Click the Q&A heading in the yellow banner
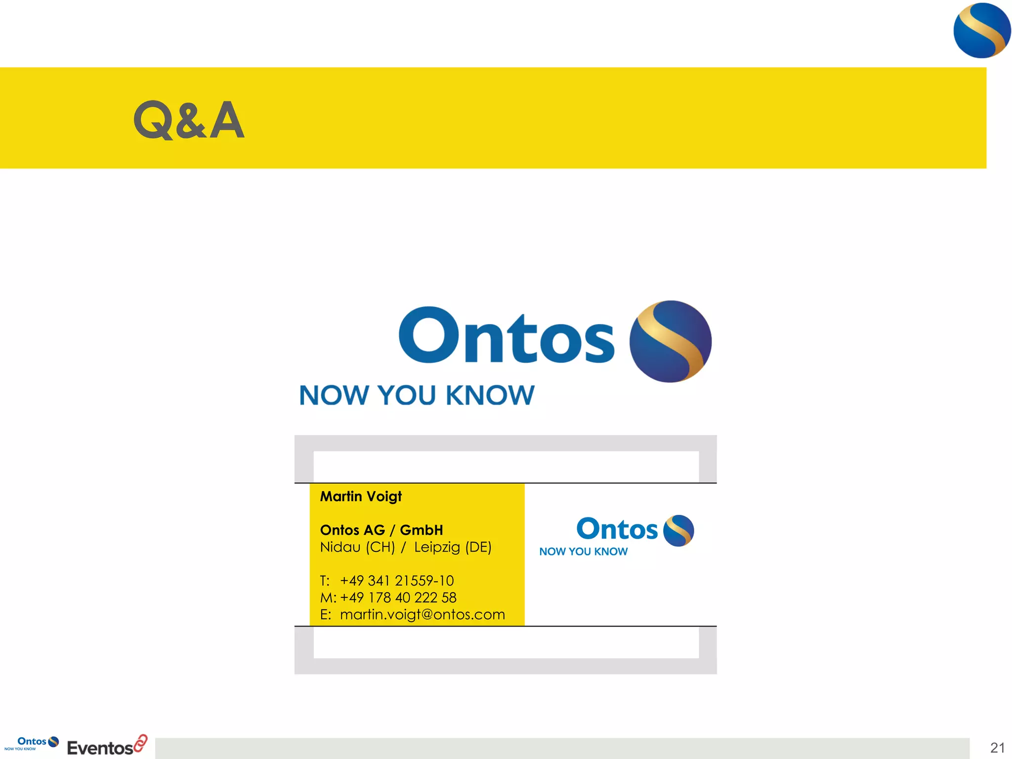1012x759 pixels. pos(189,120)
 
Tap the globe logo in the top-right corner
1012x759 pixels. pos(981,31)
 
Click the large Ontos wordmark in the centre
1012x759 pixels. pos(506,336)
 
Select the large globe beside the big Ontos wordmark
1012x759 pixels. pos(670,341)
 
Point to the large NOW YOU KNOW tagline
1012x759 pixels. pos(417,395)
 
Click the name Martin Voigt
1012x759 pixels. pos(361,496)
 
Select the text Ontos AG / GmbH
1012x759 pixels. pos(381,530)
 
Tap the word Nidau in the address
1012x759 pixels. pos(340,547)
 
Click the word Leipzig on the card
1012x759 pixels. pos(437,548)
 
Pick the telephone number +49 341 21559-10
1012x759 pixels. pos(397,581)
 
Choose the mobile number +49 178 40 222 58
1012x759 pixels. pos(398,597)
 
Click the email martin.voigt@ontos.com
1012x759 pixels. pos(422,614)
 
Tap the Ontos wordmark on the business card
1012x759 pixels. pos(617,529)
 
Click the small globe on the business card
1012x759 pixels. pos(678,530)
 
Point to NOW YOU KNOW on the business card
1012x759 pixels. pos(583,551)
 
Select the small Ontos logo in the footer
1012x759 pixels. pos(32,743)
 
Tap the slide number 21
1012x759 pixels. pos(997,748)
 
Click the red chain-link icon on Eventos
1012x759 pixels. pos(141,743)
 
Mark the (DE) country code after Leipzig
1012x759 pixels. pos(478,548)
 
